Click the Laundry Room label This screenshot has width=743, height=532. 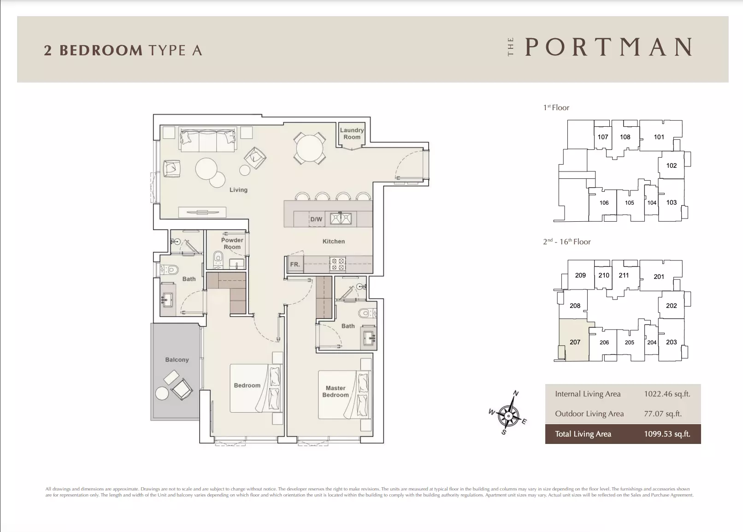[352, 134]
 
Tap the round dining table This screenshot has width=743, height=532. [309, 148]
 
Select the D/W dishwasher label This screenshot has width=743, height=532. [316, 219]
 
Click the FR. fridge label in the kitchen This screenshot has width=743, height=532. [295, 264]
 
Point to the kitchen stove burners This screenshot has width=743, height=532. [337, 264]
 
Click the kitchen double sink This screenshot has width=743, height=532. [340, 219]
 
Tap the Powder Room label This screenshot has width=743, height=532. [232, 243]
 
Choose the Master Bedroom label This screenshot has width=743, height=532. [336, 391]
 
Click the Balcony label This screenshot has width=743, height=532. [177, 360]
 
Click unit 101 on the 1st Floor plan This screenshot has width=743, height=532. [659, 137]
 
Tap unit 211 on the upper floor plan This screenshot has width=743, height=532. [624, 275]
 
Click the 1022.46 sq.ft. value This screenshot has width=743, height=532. [667, 394]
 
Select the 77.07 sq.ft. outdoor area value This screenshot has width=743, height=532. [663, 414]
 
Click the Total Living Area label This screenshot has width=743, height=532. [583, 434]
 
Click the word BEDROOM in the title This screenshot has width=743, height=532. [101, 50]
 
